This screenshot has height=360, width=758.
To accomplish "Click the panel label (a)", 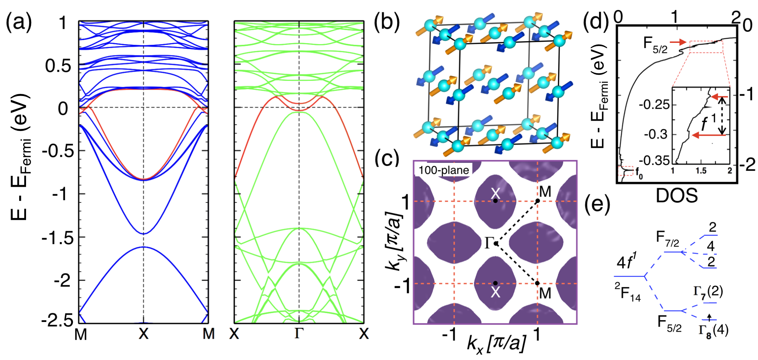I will coord(19,23).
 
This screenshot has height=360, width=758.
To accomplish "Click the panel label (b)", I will coord(387,23).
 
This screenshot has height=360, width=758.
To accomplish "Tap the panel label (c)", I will coord(387,158).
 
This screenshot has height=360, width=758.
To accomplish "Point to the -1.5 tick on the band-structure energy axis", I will coord(58,238).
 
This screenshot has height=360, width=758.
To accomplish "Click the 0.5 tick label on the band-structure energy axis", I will coord(58,65).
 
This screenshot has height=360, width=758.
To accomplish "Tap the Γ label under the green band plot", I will coord(299,333).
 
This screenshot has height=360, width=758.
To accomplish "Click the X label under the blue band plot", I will coord(144,334).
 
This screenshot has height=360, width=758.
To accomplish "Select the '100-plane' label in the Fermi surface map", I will coord(444,170).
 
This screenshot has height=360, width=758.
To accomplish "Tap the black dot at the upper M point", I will coord(538,201).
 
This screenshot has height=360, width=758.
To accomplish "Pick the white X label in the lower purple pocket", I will coord(496,292).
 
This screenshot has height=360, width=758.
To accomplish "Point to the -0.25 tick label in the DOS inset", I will coord(654,104).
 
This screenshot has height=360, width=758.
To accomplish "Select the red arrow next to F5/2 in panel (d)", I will coord(678,42).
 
